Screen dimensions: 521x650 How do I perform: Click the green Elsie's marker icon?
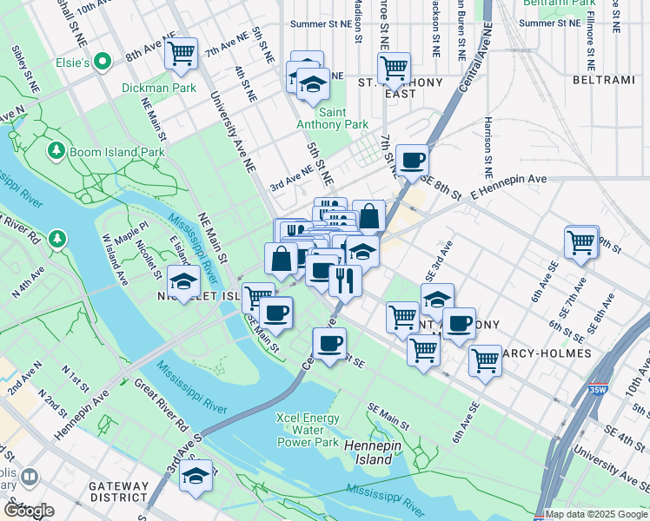(x=103, y=63)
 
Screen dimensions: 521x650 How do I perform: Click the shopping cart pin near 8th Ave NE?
(x=182, y=54)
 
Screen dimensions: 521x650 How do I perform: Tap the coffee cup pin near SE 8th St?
(x=412, y=160)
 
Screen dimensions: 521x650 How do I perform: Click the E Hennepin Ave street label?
(x=509, y=179)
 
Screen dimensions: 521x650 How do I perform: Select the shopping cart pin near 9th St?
(x=581, y=242)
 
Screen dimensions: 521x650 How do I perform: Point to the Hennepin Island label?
(x=368, y=452)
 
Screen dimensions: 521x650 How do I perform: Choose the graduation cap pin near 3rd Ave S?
(x=196, y=476)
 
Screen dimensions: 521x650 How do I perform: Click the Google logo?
(x=29, y=511)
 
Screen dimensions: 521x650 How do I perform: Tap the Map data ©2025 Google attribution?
(x=596, y=514)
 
